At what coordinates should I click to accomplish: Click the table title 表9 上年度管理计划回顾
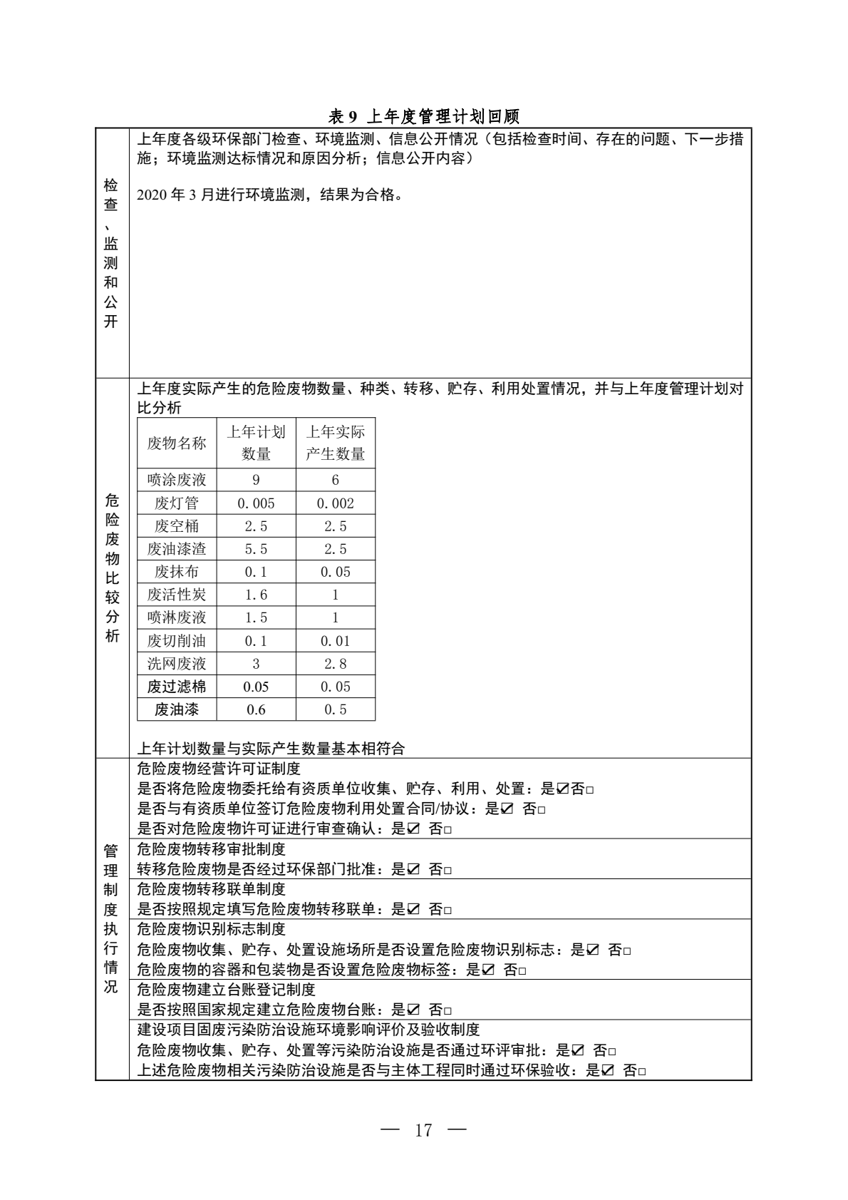(x=423, y=116)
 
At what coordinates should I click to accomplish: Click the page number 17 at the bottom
(x=423, y=1130)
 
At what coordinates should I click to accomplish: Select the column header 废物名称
(x=177, y=443)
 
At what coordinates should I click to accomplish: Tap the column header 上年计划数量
(x=256, y=443)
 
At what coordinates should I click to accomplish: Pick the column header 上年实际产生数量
(x=335, y=443)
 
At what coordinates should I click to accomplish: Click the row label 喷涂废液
(x=177, y=480)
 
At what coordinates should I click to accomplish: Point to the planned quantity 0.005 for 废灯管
(x=256, y=503)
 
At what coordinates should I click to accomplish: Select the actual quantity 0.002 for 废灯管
(x=335, y=503)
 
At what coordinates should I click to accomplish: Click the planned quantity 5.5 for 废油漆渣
(x=256, y=549)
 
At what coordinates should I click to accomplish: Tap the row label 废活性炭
(x=177, y=595)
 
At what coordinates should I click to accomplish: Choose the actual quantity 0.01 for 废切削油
(x=335, y=641)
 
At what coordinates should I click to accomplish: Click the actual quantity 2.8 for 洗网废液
(x=335, y=664)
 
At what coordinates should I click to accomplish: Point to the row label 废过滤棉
(x=177, y=687)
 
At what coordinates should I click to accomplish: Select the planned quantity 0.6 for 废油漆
(x=256, y=709)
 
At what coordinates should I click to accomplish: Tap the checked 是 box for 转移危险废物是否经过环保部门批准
(x=413, y=870)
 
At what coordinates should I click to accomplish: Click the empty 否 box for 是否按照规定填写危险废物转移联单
(x=448, y=911)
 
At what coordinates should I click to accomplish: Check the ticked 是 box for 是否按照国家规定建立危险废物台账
(x=413, y=1010)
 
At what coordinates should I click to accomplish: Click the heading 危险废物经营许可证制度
(x=218, y=769)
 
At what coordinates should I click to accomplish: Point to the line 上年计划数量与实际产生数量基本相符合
(x=270, y=749)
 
